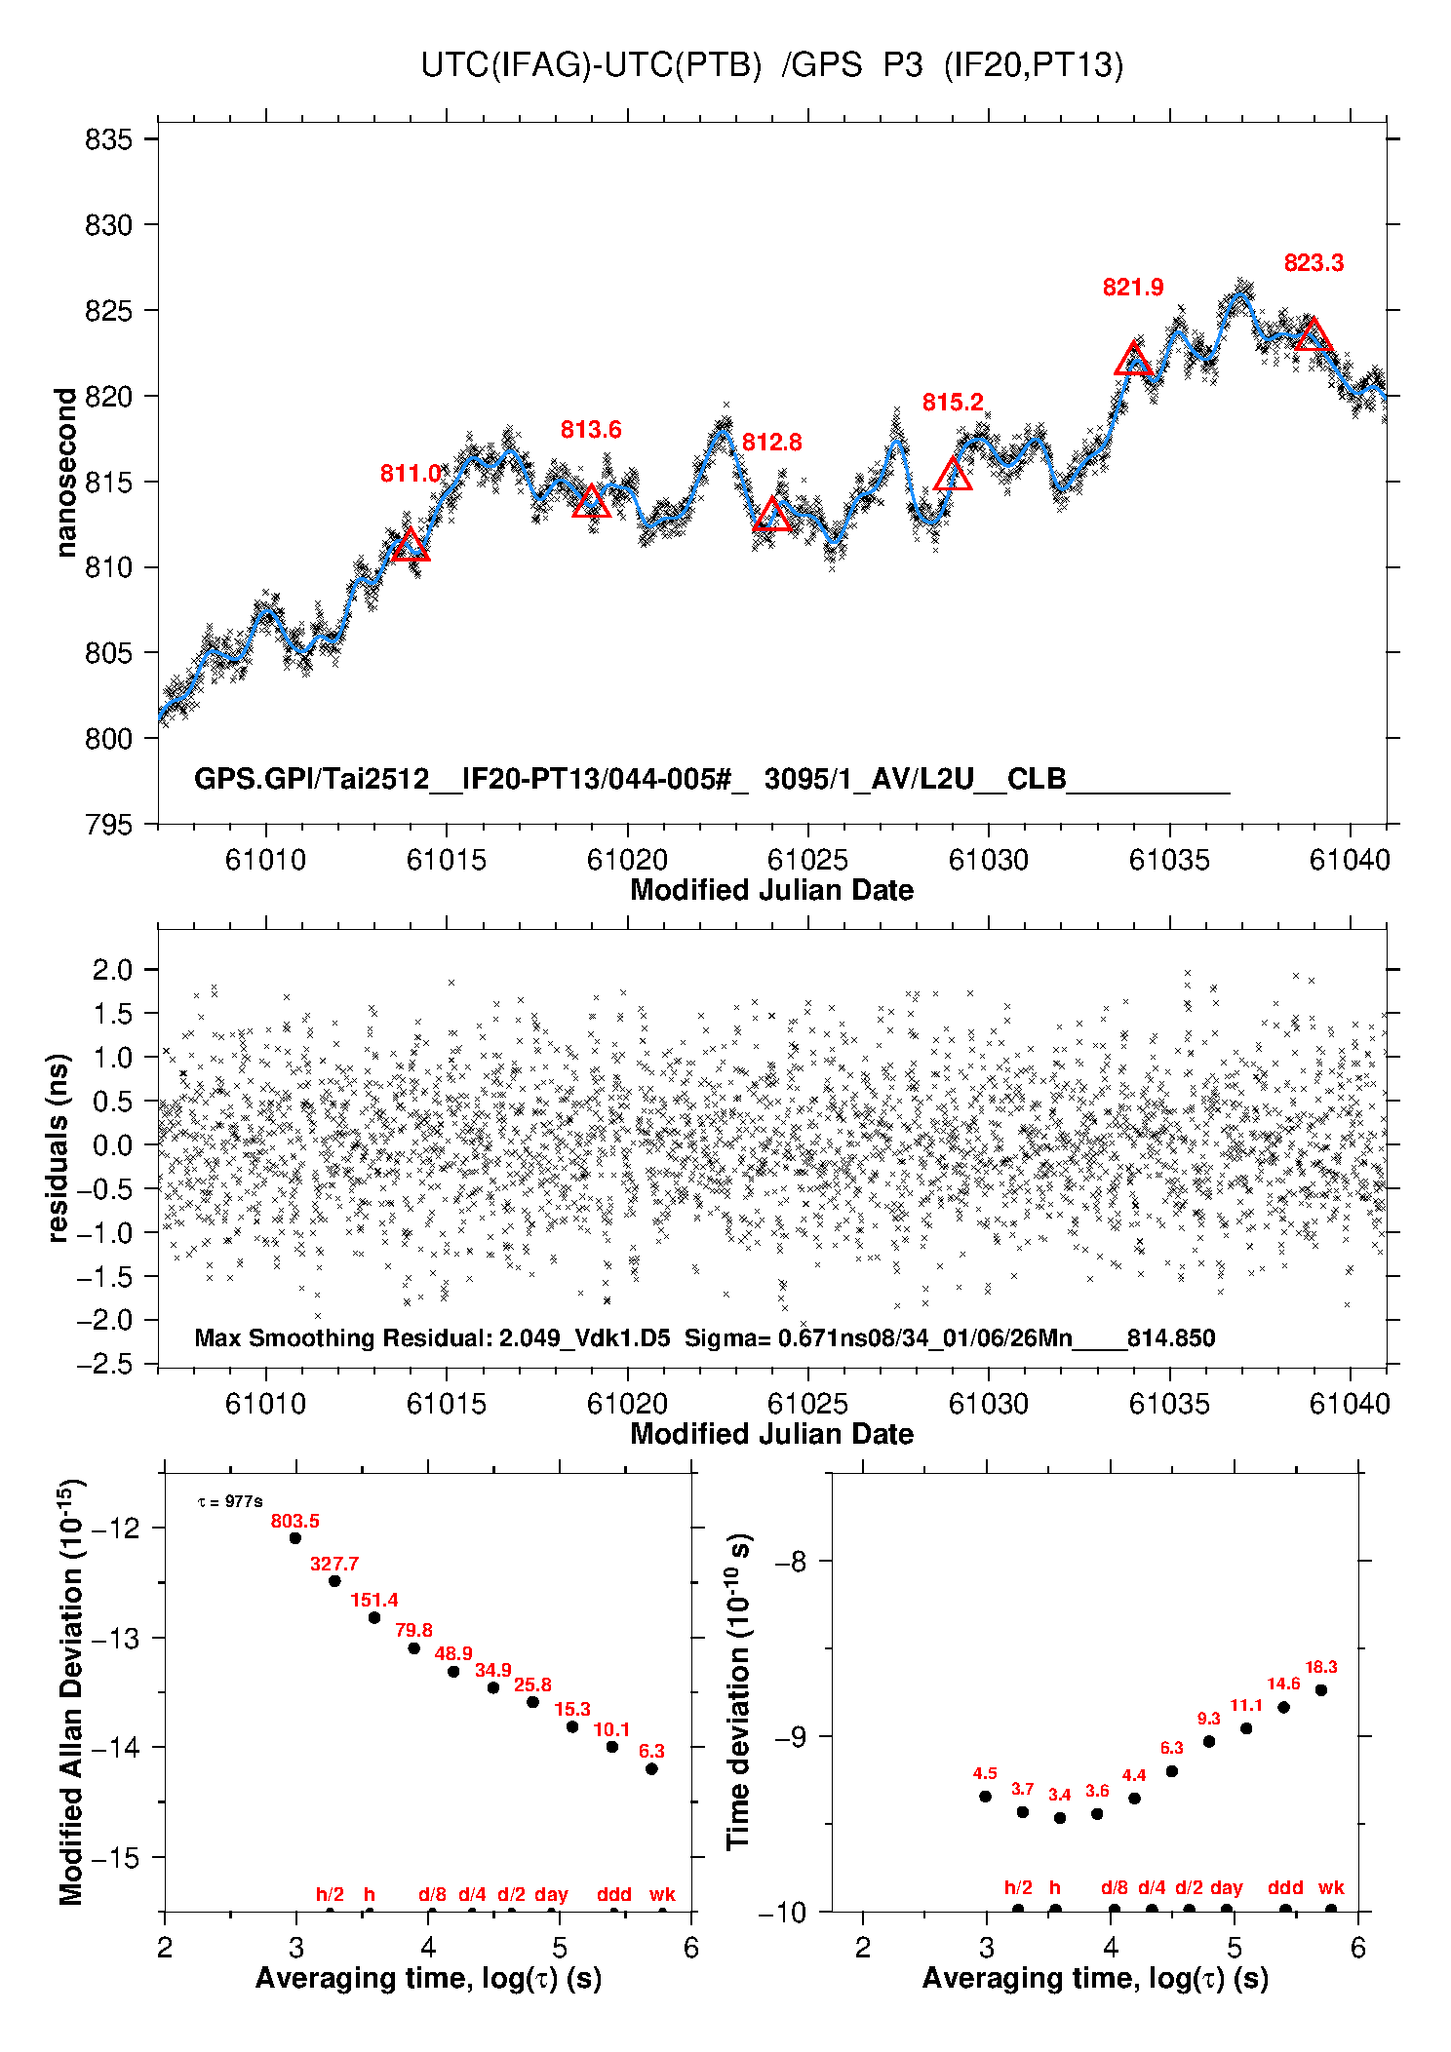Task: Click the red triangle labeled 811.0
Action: (411, 545)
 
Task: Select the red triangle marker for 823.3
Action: (1314, 334)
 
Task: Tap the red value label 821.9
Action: (1133, 288)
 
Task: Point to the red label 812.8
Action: (771, 443)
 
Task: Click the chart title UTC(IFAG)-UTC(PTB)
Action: (591, 65)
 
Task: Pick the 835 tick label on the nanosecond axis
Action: (108, 139)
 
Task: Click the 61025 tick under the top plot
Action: (807, 860)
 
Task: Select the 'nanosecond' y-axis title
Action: (65, 473)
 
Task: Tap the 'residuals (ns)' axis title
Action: (59, 1147)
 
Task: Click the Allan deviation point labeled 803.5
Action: (295, 1538)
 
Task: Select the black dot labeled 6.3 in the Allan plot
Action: (651, 1768)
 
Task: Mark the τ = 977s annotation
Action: (230, 1502)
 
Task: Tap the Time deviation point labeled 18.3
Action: (1321, 1690)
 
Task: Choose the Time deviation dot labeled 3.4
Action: (1060, 1818)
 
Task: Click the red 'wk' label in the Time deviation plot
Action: (1331, 1888)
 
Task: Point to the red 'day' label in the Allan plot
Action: (551, 1894)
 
